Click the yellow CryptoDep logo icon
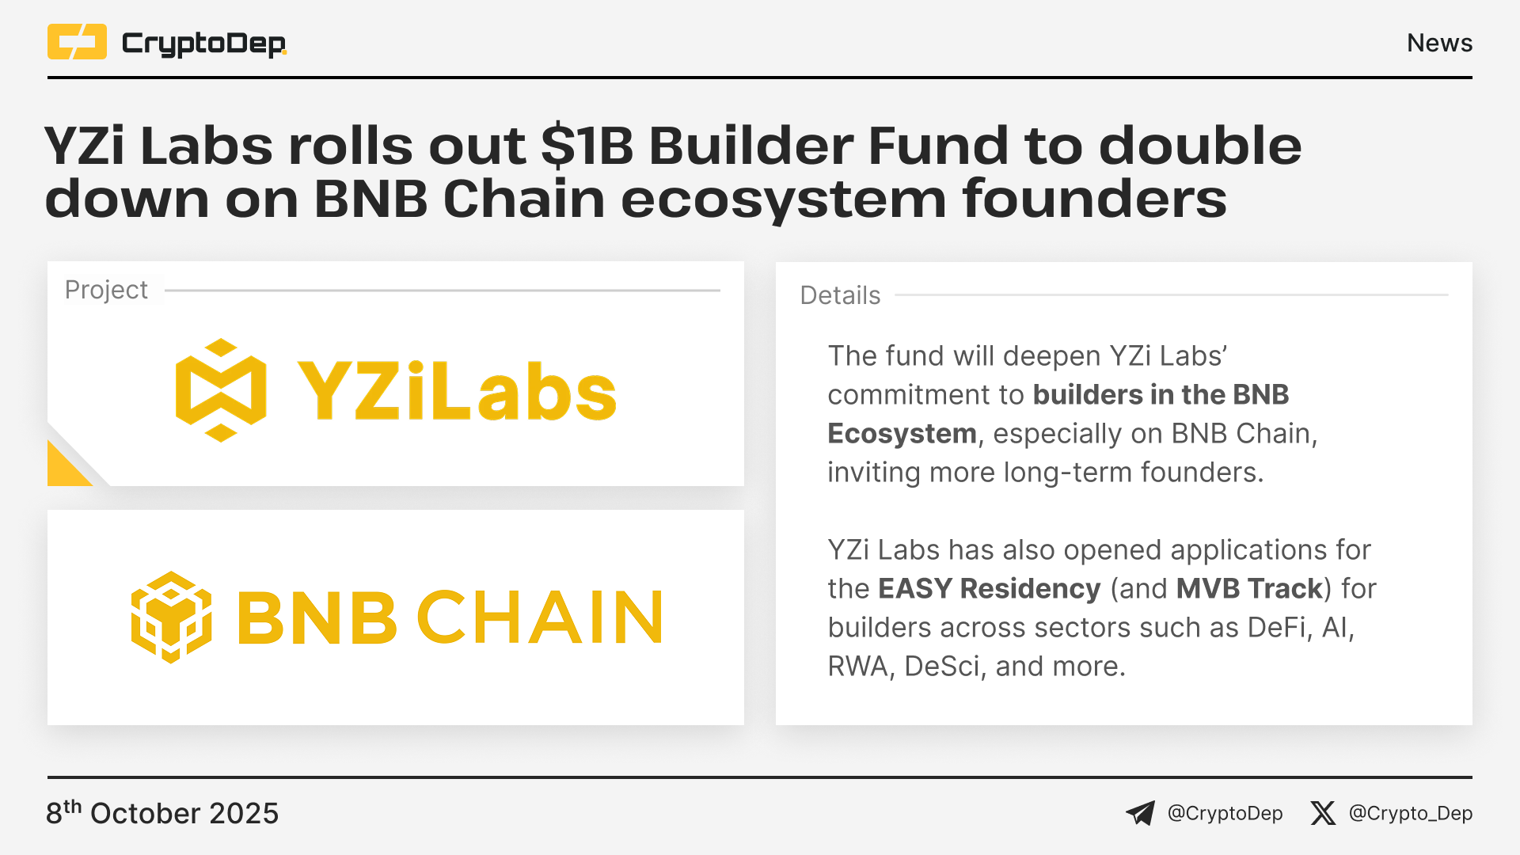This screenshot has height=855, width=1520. [77, 42]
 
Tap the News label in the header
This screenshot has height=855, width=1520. [1439, 43]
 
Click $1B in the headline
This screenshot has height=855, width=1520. [587, 146]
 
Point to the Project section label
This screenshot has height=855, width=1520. [106, 290]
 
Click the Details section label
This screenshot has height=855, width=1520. [840, 295]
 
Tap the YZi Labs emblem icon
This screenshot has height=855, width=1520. [221, 390]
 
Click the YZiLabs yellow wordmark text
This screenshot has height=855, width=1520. [457, 391]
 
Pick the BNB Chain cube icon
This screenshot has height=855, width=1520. [171, 617]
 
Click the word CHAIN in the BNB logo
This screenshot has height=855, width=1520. [540, 617]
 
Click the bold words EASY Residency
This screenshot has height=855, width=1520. [990, 589]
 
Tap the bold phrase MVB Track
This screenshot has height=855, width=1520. [1249, 589]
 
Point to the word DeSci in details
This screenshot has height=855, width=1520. [942, 667]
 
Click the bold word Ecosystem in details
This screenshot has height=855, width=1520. [902, 434]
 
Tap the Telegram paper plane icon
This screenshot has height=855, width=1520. [1141, 813]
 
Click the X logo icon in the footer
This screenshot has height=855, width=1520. [1322, 813]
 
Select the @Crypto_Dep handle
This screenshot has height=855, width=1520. [1411, 813]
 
